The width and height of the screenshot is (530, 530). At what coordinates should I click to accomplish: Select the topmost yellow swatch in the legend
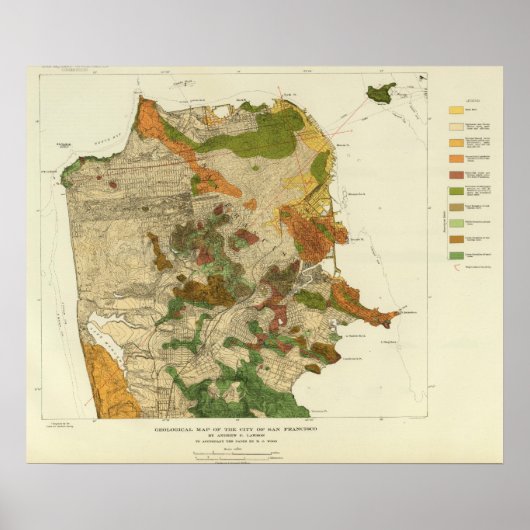point(455,108)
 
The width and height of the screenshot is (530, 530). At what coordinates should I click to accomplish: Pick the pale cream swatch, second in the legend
point(455,125)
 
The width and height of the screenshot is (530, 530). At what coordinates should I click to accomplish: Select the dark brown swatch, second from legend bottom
point(455,241)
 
